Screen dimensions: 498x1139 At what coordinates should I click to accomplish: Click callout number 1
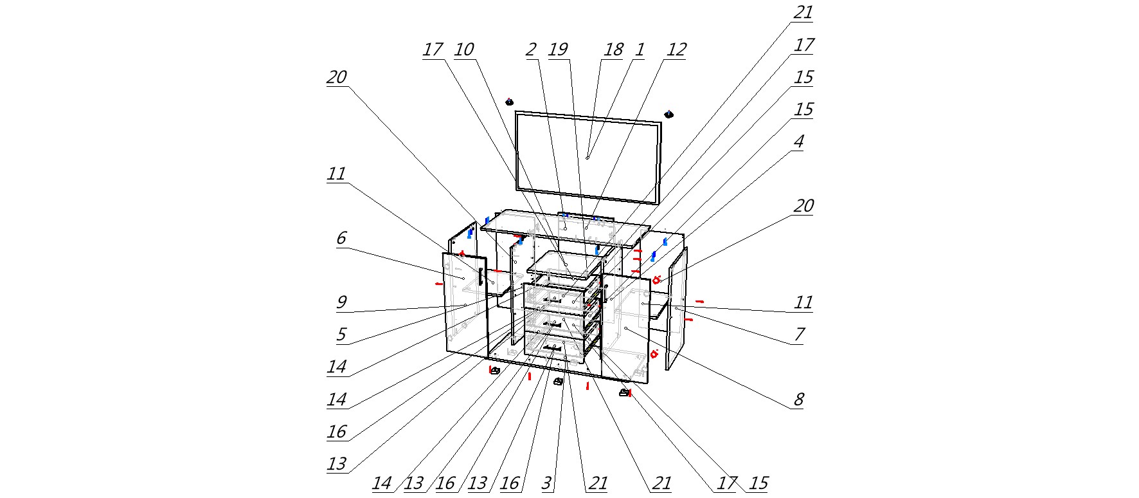(639, 50)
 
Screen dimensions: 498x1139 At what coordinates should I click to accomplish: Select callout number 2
(531, 50)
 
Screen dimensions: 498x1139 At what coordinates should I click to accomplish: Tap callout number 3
(546, 483)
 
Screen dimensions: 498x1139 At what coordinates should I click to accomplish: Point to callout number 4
(798, 142)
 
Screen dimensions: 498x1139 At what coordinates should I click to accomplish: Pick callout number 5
(341, 335)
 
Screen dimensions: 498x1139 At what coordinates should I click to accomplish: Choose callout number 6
(341, 238)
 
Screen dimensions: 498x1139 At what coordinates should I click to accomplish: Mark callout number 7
(799, 335)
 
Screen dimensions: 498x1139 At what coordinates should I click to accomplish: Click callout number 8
(798, 400)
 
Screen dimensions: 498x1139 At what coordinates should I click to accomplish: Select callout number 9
(341, 302)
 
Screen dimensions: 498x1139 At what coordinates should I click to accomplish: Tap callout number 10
(464, 50)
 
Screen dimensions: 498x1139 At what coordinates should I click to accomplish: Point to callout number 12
(676, 50)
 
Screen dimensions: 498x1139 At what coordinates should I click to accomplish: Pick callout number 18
(613, 50)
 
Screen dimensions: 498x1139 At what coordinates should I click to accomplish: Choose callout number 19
(558, 50)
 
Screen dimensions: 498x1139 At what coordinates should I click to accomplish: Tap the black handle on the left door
(480, 275)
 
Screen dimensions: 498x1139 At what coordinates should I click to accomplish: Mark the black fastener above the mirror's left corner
(509, 102)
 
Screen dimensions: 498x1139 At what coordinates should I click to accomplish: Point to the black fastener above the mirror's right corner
(668, 115)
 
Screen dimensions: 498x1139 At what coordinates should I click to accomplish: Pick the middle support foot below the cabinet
(558, 382)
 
